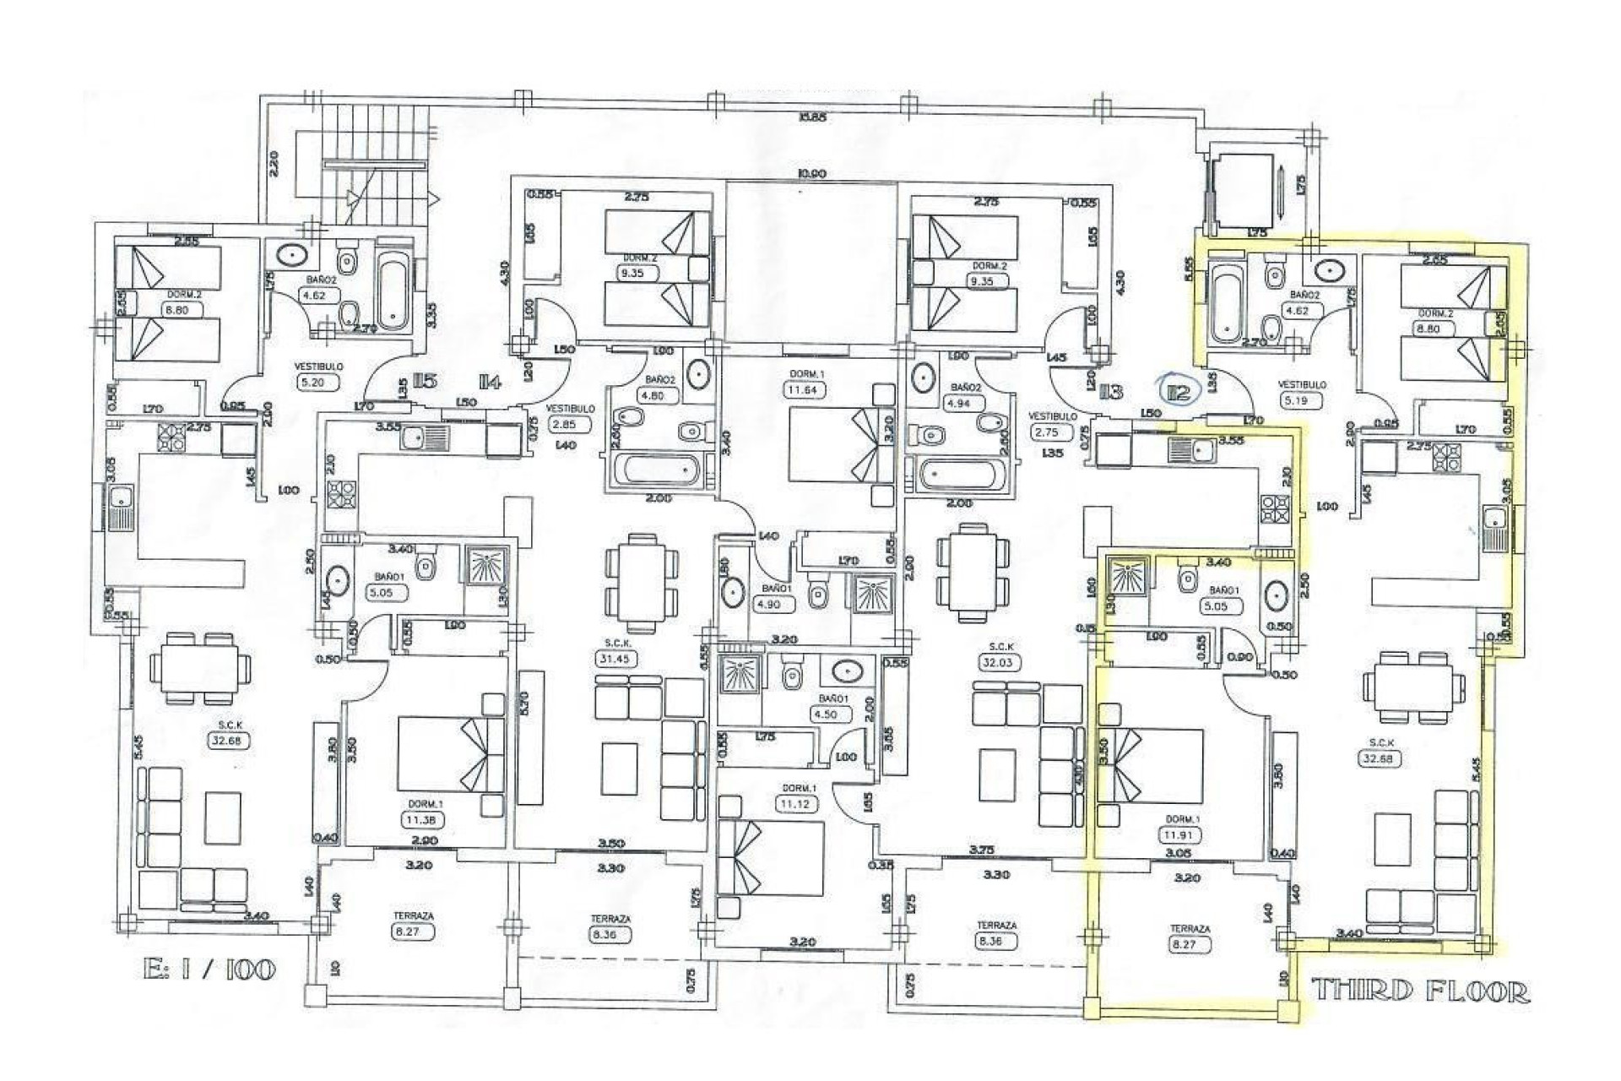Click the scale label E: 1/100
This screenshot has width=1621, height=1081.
click(x=209, y=969)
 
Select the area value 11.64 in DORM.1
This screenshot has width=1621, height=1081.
click(x=803, y=390)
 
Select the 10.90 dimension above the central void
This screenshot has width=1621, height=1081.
click(x=811, y=174)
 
